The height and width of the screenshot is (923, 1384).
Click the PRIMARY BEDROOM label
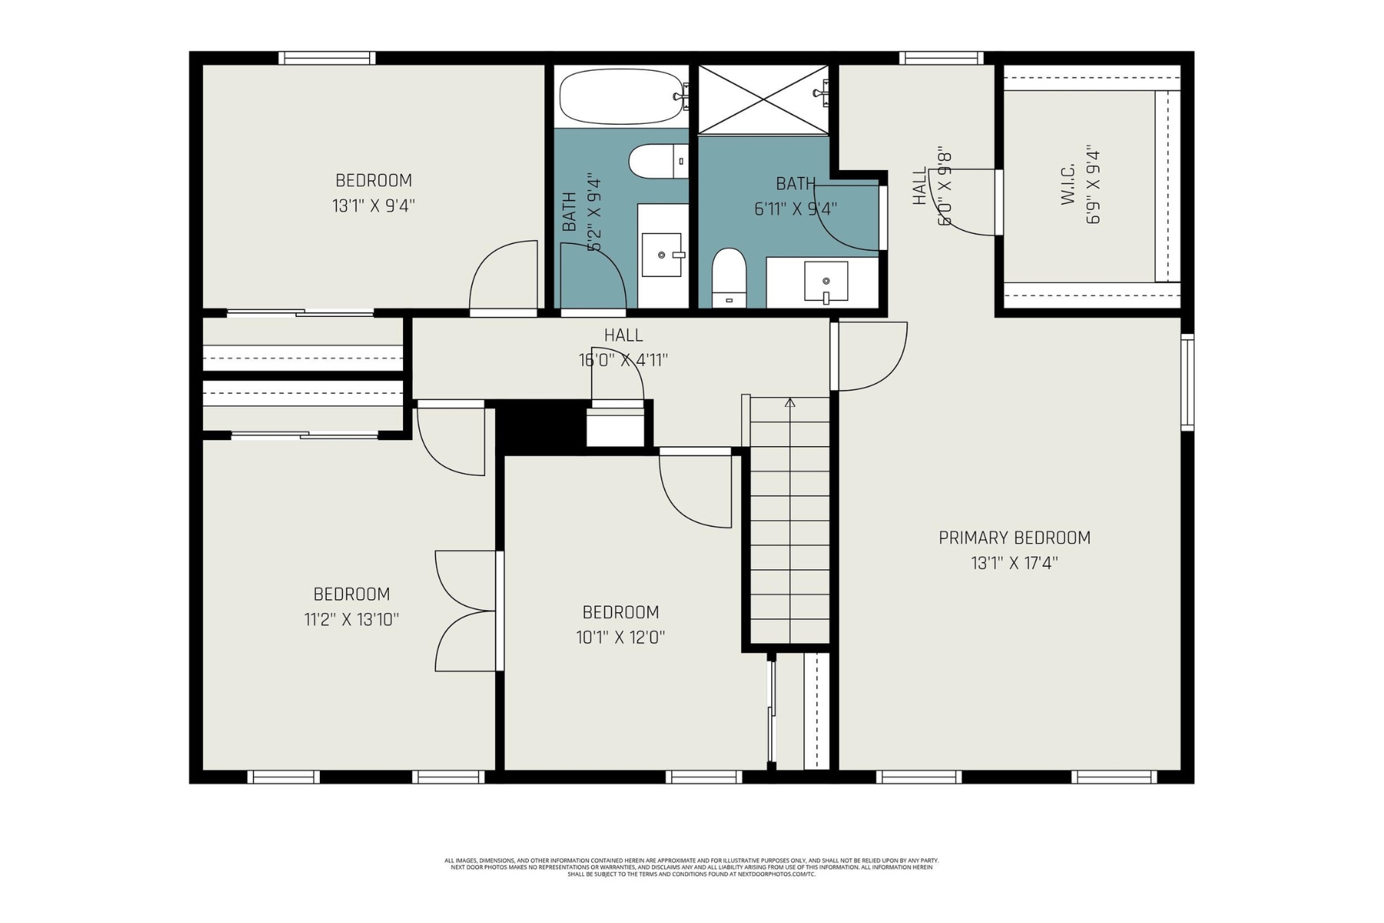pyautogui.click(x=1014, y=538)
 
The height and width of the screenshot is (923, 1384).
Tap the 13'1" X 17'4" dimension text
pyautogui.click(x=1014, y=563)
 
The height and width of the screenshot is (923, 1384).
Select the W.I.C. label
pyautogui.click(x=1068, y=185)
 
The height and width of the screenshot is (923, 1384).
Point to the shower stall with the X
pyautogui.click(x=763, y=99)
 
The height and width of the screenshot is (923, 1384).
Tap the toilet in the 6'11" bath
pyautogui.click(x=729, y=277)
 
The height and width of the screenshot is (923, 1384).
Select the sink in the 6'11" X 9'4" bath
pyautogui.click(x=825, y=281)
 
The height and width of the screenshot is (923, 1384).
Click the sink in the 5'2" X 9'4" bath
pyautogui.click(x=661, y=255)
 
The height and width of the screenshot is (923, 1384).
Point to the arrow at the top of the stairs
pyautogui.click(x=790, y=402)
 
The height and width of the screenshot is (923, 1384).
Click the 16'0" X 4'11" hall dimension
pyautogui.click(x=623, y=360)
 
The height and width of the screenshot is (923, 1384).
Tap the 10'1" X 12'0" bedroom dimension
pyautogui.click(x=620, y=638)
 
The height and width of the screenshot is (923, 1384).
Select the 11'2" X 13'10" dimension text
pyautogui.click(x=351, y=619)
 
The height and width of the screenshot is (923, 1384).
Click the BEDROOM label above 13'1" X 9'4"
pyautogui.click(x=374, y=181)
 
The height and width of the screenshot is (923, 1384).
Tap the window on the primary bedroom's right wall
pyautogui.click(x=1187, y=382)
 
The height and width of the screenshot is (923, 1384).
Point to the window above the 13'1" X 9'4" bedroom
pyautogui.click(x=327, y=58)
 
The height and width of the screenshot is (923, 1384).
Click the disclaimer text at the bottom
pyautogui.click(x=691, y=867)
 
